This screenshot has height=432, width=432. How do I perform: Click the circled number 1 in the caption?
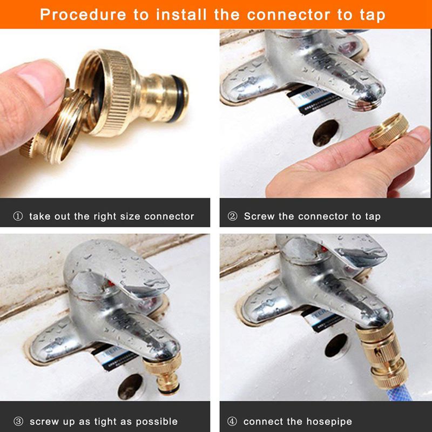[x=18, y=217]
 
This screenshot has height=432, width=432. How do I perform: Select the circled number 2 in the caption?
[x=233, y=217]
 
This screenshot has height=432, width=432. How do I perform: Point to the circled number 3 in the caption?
[x=18, y=421]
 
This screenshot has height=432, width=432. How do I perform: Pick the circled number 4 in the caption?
[x=233, y=421]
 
